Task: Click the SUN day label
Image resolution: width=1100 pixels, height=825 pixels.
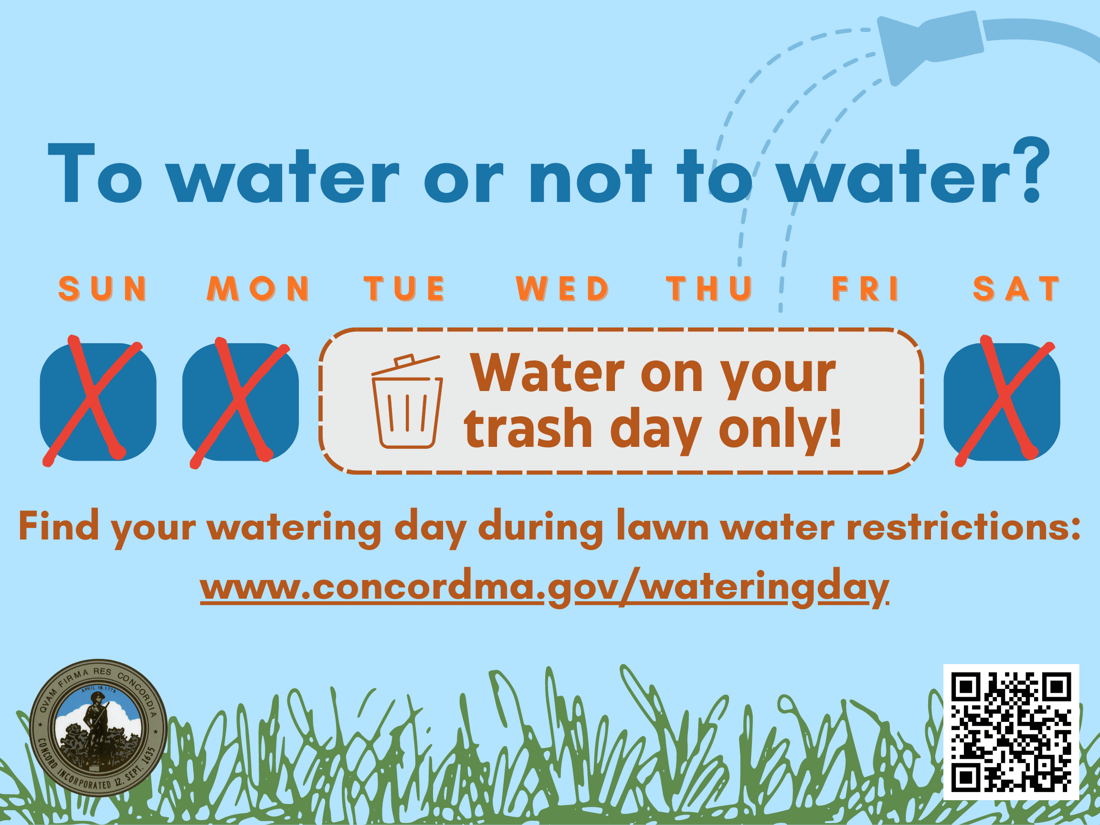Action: tap(103, 288)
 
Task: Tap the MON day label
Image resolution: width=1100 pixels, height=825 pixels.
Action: tap(259, 288)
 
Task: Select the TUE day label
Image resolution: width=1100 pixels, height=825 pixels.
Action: tap(404, 288)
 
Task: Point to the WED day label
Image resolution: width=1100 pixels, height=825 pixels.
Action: tap(562, 288)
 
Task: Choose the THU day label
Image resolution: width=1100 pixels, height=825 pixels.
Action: tap(709, 288)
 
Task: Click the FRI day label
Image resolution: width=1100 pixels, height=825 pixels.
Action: tap(865, 288)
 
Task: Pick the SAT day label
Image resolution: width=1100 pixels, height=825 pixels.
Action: tap(1016, 288)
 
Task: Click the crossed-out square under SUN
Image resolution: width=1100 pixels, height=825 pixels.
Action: tap(98, 402)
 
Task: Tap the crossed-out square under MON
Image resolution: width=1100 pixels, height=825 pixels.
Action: tap(241, 402)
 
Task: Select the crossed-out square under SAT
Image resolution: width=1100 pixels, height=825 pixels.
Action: tap(1002, 402)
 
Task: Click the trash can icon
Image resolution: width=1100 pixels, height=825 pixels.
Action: tap(407, 402)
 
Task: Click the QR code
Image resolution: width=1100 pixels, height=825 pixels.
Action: tap(1012, 732)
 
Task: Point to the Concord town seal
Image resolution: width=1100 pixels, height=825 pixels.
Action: tap(98, 728)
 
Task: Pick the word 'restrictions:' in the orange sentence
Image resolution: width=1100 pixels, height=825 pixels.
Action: tap(964, 526)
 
